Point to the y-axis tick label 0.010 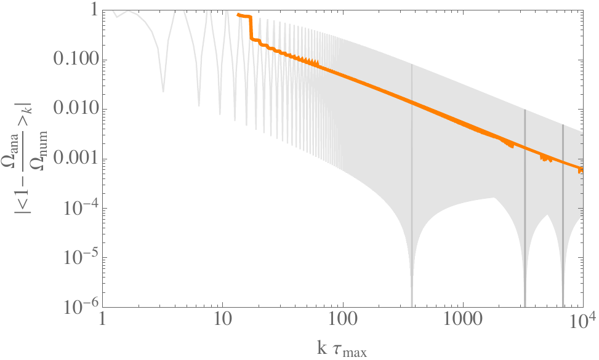click(74, 110)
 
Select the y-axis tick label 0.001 click(74, 159)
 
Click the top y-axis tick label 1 click(90, 11)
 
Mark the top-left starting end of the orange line click(238, 14)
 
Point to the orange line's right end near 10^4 click(582, 169)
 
